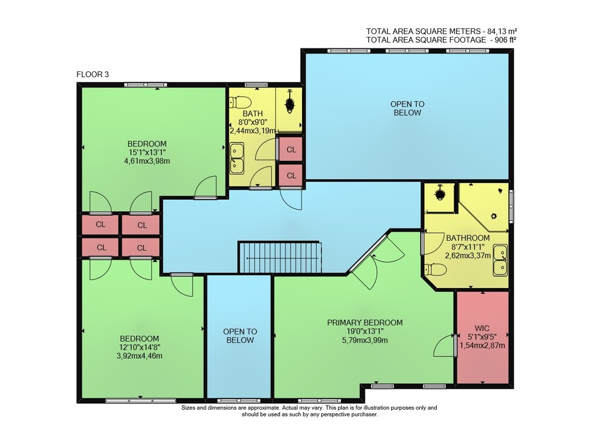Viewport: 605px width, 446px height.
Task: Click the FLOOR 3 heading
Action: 93,74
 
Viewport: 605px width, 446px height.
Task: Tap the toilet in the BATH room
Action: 240,102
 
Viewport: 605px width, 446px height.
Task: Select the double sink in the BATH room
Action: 237,158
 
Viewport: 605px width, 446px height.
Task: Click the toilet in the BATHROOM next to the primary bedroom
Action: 436,269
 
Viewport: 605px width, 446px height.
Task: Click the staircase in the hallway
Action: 280,257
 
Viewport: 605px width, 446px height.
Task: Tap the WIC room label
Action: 482,329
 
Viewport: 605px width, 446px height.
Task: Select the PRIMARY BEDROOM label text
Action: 365,323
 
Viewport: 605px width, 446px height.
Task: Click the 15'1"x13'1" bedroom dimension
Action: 147,152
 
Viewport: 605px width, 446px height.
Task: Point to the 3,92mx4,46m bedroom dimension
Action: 139,356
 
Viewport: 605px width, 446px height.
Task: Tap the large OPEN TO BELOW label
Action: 407,108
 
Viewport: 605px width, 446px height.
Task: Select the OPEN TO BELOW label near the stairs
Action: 240,336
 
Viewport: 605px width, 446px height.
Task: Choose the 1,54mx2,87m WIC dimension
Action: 482,346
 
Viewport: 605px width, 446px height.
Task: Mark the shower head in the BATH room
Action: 290,103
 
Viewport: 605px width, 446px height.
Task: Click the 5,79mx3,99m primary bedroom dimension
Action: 365,340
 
